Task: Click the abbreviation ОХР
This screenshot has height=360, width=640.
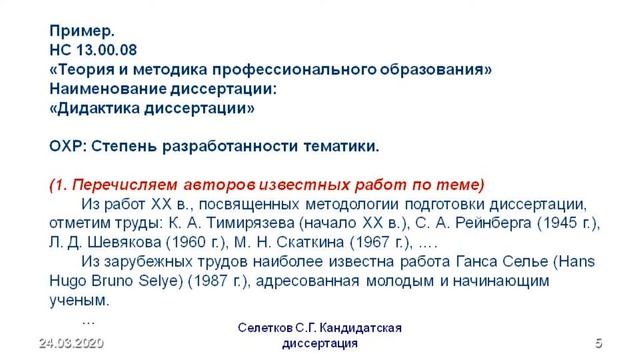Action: tap(66, 146)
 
